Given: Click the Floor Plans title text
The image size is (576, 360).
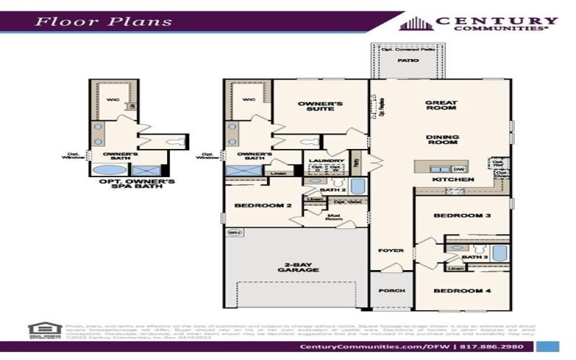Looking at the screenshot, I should point(104,20).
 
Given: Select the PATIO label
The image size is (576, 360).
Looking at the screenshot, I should point(408,61).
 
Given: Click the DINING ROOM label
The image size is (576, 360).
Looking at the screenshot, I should point(442,140).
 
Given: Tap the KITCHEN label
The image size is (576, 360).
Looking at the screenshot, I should point(452,179).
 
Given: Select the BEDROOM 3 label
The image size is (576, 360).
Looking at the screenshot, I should point(462,215).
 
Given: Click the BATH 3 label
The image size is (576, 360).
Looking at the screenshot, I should point(474,256).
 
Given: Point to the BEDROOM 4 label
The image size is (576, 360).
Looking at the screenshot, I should point(462,291).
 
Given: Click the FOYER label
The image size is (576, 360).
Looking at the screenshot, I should point(392,251).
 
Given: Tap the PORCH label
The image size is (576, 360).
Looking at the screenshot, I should point(392,291).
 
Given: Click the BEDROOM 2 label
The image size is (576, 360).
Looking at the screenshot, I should point(263,205).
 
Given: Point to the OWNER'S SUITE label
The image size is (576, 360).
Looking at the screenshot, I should point(320,108).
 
